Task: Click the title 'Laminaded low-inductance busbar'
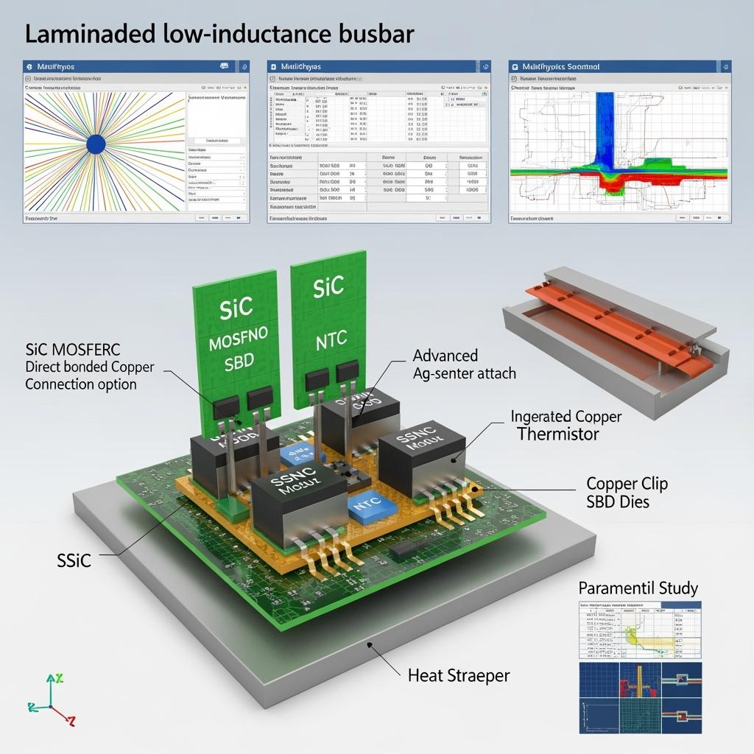[x=219, y=34]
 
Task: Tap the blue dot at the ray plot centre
[x=96, y=144]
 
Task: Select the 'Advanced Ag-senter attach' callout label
[x=464, y=364]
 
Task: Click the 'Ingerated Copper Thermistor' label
[x=565, y=425]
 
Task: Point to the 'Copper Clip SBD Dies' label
[x=627, y=493]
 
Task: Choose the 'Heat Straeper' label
[x=458, y=674]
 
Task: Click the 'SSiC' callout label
[x=74, y=560]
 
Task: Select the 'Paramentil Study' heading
[x=638, y=588]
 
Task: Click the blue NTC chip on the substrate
[x=365, y=507]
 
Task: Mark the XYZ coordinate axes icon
[x=52, y=700]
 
